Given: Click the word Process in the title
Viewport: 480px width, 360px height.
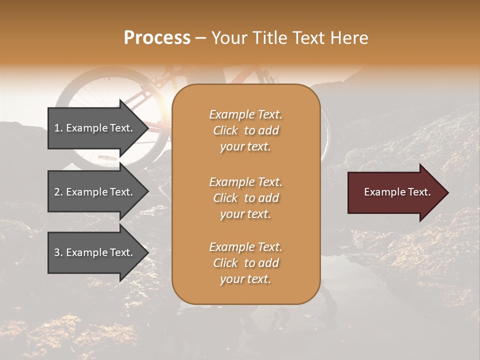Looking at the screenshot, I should [x=157, y=38].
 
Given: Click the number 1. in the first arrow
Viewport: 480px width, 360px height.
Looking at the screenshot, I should [x=58, y=128].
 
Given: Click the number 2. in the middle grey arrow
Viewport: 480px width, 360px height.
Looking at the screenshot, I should [x=58, y=192].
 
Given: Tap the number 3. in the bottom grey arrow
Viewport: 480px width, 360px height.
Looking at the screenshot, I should [x=58, y=252].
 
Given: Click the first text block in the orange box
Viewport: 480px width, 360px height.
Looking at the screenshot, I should [x=245, y=130].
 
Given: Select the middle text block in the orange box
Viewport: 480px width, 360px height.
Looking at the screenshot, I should [x=245, y=197].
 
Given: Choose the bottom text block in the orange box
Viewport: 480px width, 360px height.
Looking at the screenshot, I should [x=245, y=263].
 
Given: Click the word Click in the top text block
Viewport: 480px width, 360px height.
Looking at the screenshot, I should [x=225, y=130].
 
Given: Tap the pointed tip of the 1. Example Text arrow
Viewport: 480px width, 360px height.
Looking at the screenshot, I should [x=147, y=128].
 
